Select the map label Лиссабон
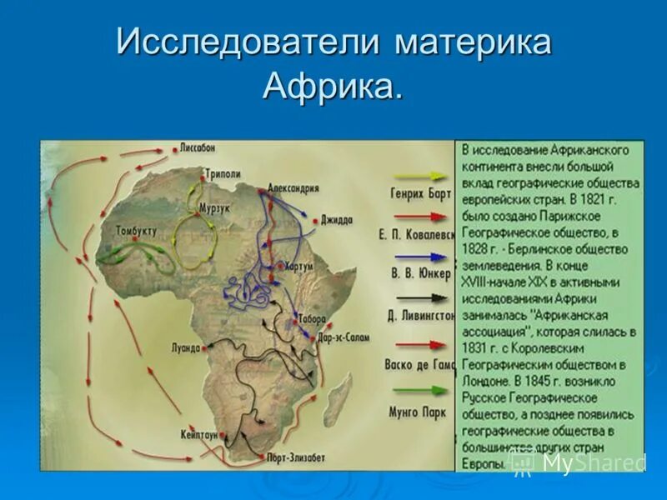(197, 147)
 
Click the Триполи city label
(223, 173)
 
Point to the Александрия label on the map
(293, 187)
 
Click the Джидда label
(337, 220)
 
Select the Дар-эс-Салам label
(344, 338)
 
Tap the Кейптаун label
(198, 435)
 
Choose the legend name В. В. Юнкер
(419, 272)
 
